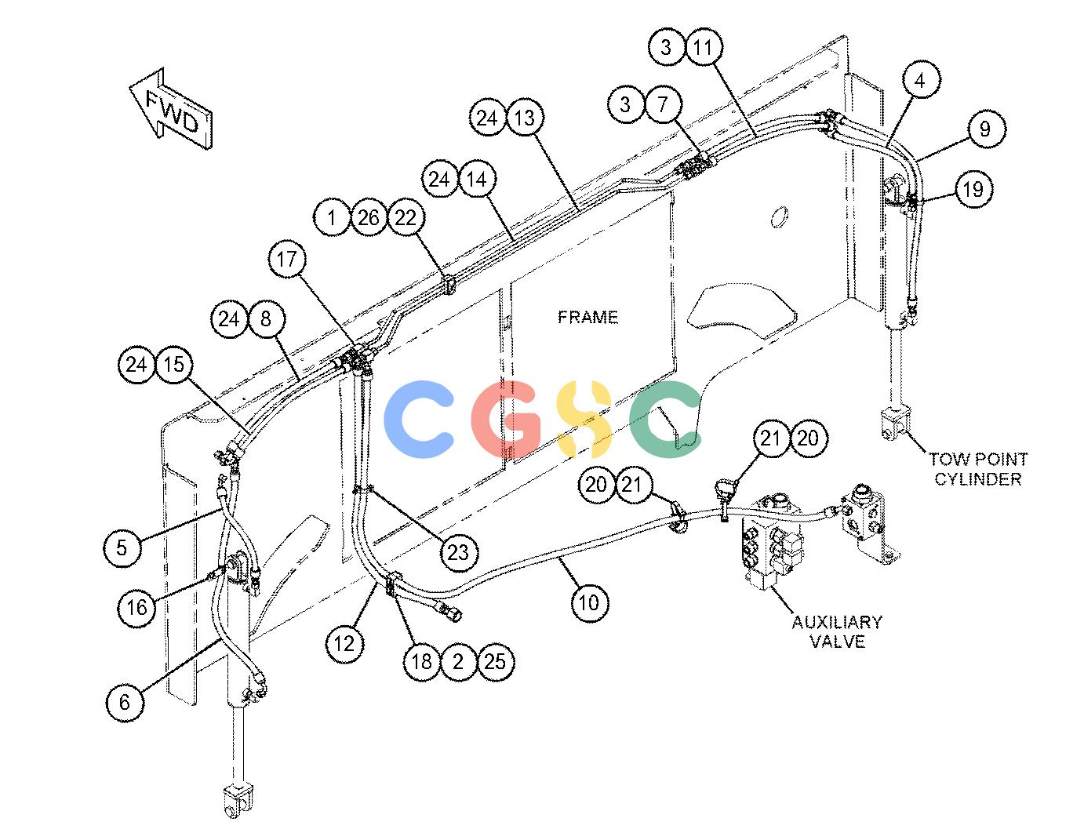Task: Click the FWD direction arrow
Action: pos(171,108)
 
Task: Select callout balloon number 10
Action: pos(589,603)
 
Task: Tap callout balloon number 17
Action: pos(286,260)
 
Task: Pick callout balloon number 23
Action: pos(458,553)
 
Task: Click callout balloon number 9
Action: pos(985,129)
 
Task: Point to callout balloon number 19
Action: pos(973,190)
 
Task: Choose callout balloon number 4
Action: pos(920,80)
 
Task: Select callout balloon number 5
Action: pos(122,547)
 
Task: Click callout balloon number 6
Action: pos(125,702)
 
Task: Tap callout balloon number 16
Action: pos(136,608)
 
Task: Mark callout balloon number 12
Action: pos(344,643)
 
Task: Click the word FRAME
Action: pos(587,317)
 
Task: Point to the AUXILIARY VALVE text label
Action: pos(837,631)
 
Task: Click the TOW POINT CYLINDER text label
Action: pos(978,469)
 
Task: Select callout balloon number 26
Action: pos(369,218)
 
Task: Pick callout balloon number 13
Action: pos(524,118)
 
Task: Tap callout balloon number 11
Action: pos(703,47)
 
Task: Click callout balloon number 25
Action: pos(495,662)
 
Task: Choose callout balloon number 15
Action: pos(173,365)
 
